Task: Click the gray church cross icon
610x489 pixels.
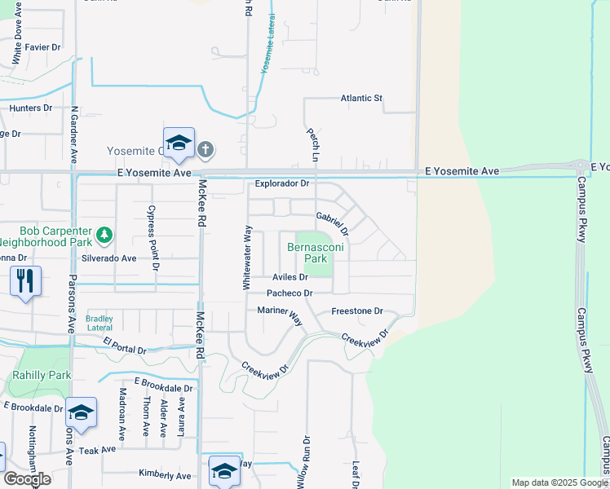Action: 205,149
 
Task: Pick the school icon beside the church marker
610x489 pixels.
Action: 178,143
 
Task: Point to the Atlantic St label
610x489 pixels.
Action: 360,99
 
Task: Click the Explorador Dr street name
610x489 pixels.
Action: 282,184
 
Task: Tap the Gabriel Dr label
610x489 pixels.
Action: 332,222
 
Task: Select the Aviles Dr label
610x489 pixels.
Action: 290,277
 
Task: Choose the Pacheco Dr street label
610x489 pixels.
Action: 290,293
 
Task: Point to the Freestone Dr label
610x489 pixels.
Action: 357,311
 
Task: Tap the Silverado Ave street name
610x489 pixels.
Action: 108,258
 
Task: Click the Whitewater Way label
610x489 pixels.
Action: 245,258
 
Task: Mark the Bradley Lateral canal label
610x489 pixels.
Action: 99,323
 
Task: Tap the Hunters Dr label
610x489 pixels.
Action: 31,108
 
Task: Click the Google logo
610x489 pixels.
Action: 27,479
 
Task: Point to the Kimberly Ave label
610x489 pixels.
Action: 164,476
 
